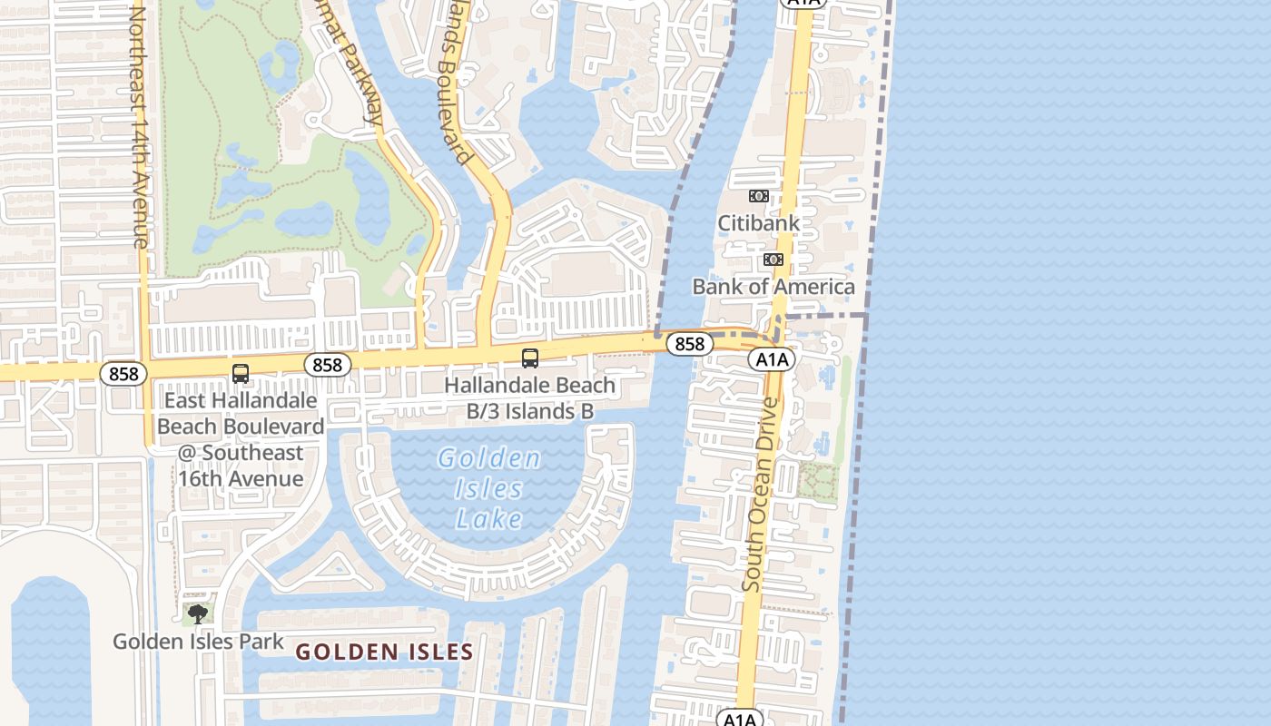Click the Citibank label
[x=759, y=222]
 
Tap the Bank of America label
[x=773, y=287]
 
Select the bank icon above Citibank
[x=758, y=196]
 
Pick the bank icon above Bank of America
[x=773, y=260]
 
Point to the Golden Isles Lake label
[x=490, y=488]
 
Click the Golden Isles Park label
[x=198, y=641]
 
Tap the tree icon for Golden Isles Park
[x=196, y=614]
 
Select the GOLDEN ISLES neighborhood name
[x=385, y=652]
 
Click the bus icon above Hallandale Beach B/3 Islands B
[x=529, y=358]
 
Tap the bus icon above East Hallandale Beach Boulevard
[x=241, y=373]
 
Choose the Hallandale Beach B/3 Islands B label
[x=529, y=397]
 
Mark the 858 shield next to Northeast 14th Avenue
[x=123, y=373]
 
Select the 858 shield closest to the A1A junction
[x=688, y=343]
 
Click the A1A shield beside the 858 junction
[x=772, y=360]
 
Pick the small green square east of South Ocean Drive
[x=818, y=481]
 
